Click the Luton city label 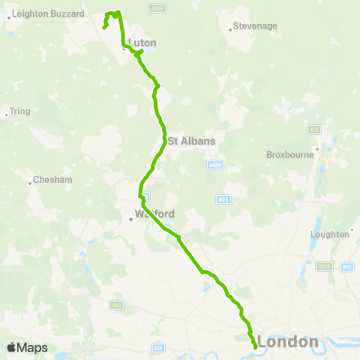click(142, 43)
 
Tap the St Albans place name click(191, 140)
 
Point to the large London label click(288, 342)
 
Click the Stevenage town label click(256, 25)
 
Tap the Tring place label click(20, 111)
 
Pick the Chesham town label click(52, 180)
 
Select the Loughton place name click(330, 234)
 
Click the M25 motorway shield click(222, 199)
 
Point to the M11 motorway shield click(346, 267)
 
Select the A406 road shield click(325, 266)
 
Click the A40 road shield click(115, 305)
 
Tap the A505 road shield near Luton click(156, 9)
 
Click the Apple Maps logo click(27, 347)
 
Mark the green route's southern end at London click(256, 347)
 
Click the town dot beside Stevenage click(229, 30)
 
